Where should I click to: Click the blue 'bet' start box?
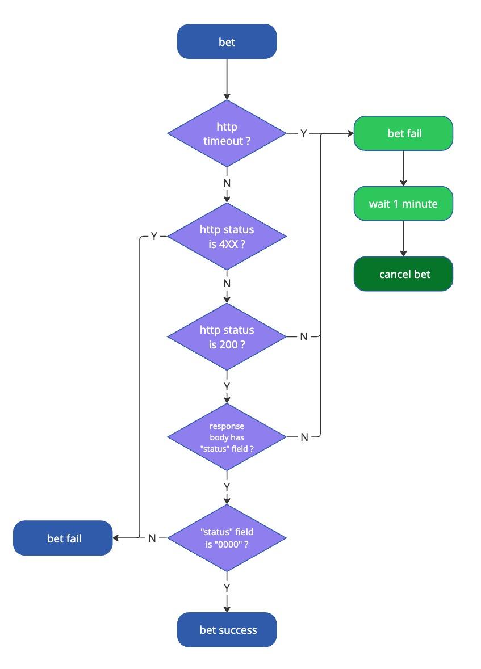click(227, 41)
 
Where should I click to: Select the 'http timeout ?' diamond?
click(227, 133)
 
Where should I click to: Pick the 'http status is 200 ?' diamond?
click(227, 336)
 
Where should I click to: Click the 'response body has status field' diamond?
click(227, 437)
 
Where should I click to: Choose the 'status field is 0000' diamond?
click(227, 538)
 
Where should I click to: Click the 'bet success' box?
click(227, 629)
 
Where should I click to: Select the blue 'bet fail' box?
click(63, 538)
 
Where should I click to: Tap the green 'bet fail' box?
click(403, 133)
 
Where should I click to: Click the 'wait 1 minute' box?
click(403, 203)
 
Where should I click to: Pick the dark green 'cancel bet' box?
click(403, 274)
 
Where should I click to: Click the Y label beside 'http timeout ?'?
click(303, 133)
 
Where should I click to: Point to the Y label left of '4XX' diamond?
click(153, 236)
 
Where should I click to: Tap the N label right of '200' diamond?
click(303, 336)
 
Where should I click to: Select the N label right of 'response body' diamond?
click(303, 437)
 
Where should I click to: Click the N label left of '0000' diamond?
click(152, 538)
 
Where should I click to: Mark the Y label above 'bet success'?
click(227, 587)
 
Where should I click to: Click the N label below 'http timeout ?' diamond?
click(227, 183)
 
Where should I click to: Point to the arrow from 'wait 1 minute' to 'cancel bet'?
click(403, 238)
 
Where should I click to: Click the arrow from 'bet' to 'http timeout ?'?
click(227, 79)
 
